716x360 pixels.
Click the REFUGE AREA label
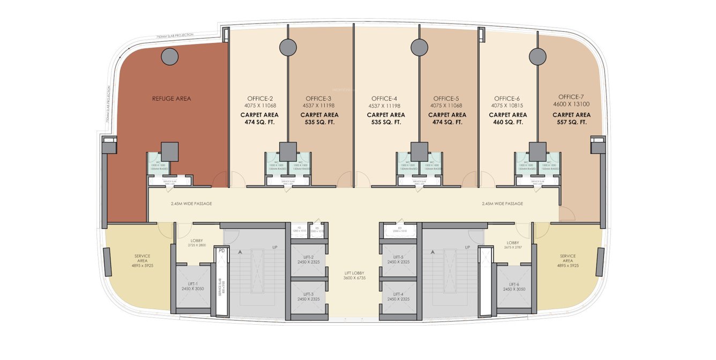pyautogui.click(x=171, y=99)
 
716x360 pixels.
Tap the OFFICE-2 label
pyautogui.click(x=260, y=99)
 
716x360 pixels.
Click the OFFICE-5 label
pyautogui.click(x=446, y=99)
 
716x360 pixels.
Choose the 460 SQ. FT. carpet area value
pyautogui.click(x=508, y=122)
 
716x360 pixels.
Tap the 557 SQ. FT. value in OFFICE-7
pyautogui.click(x=571, y=122)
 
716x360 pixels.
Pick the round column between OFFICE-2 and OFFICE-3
pyautogui.click(x=288, y=47)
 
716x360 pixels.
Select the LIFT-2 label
pyautogui.click(x=308, y=257)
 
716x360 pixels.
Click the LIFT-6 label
pyautogui.click(x=514, y=284)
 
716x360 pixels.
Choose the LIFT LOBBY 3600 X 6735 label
pyautogui.click(x=354, y=276)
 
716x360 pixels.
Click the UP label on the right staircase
pyautogui.click(x=467, y=247)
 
